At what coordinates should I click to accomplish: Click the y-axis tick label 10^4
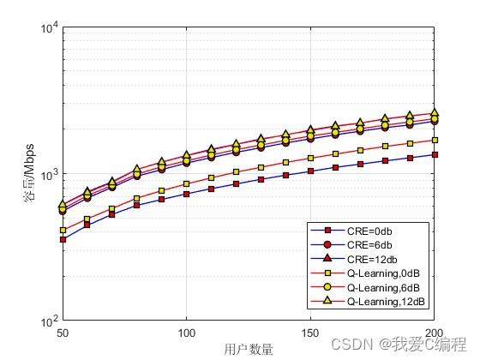click(48, 27)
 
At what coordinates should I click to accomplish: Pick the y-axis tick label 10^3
click(48, 175)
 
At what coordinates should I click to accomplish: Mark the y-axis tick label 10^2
click(48, 321)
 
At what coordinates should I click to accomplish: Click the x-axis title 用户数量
click(249, 348)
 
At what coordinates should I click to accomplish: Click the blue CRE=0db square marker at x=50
click(63, 239)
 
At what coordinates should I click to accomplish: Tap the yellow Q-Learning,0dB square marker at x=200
click(435, 140)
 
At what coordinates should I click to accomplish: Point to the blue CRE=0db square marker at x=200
click(435, 155)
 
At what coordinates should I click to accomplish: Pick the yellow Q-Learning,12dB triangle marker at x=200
click(435, 112)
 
